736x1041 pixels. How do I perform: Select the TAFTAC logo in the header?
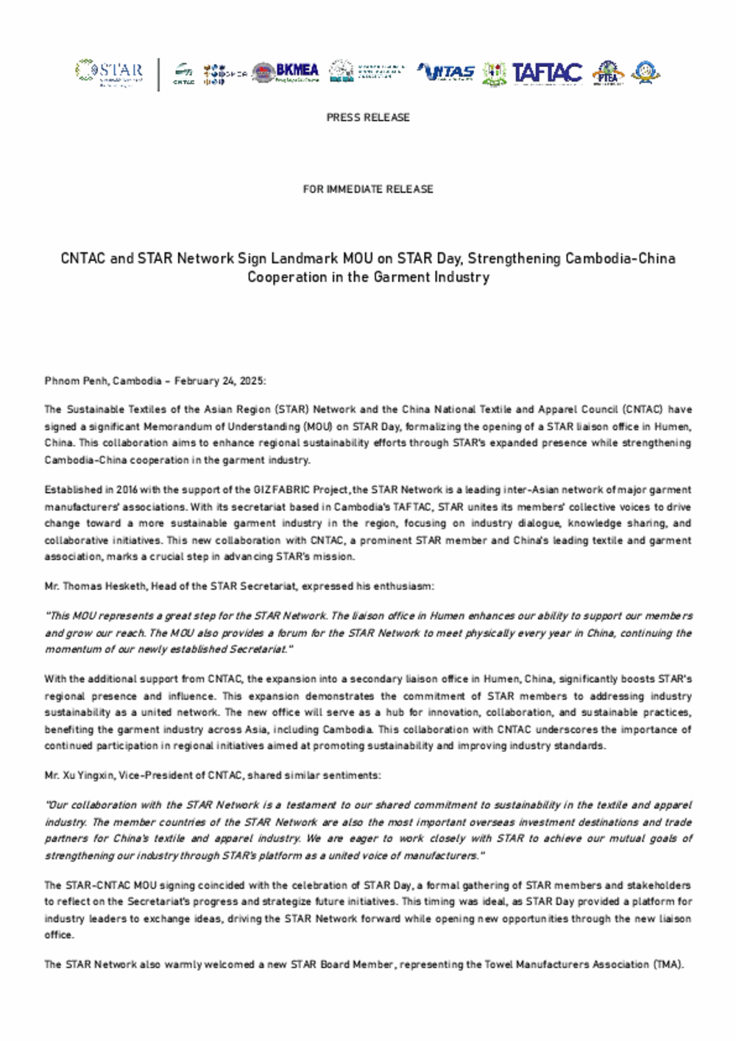pos(547,73)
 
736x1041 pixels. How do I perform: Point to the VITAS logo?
pos(446,73)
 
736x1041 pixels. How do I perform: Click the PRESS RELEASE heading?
pos(368,118)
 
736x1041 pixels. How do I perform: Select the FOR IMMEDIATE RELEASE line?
pos(368,189)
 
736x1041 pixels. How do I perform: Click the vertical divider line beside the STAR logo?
pos(159,74)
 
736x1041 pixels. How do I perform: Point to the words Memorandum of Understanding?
pos(216,427)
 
